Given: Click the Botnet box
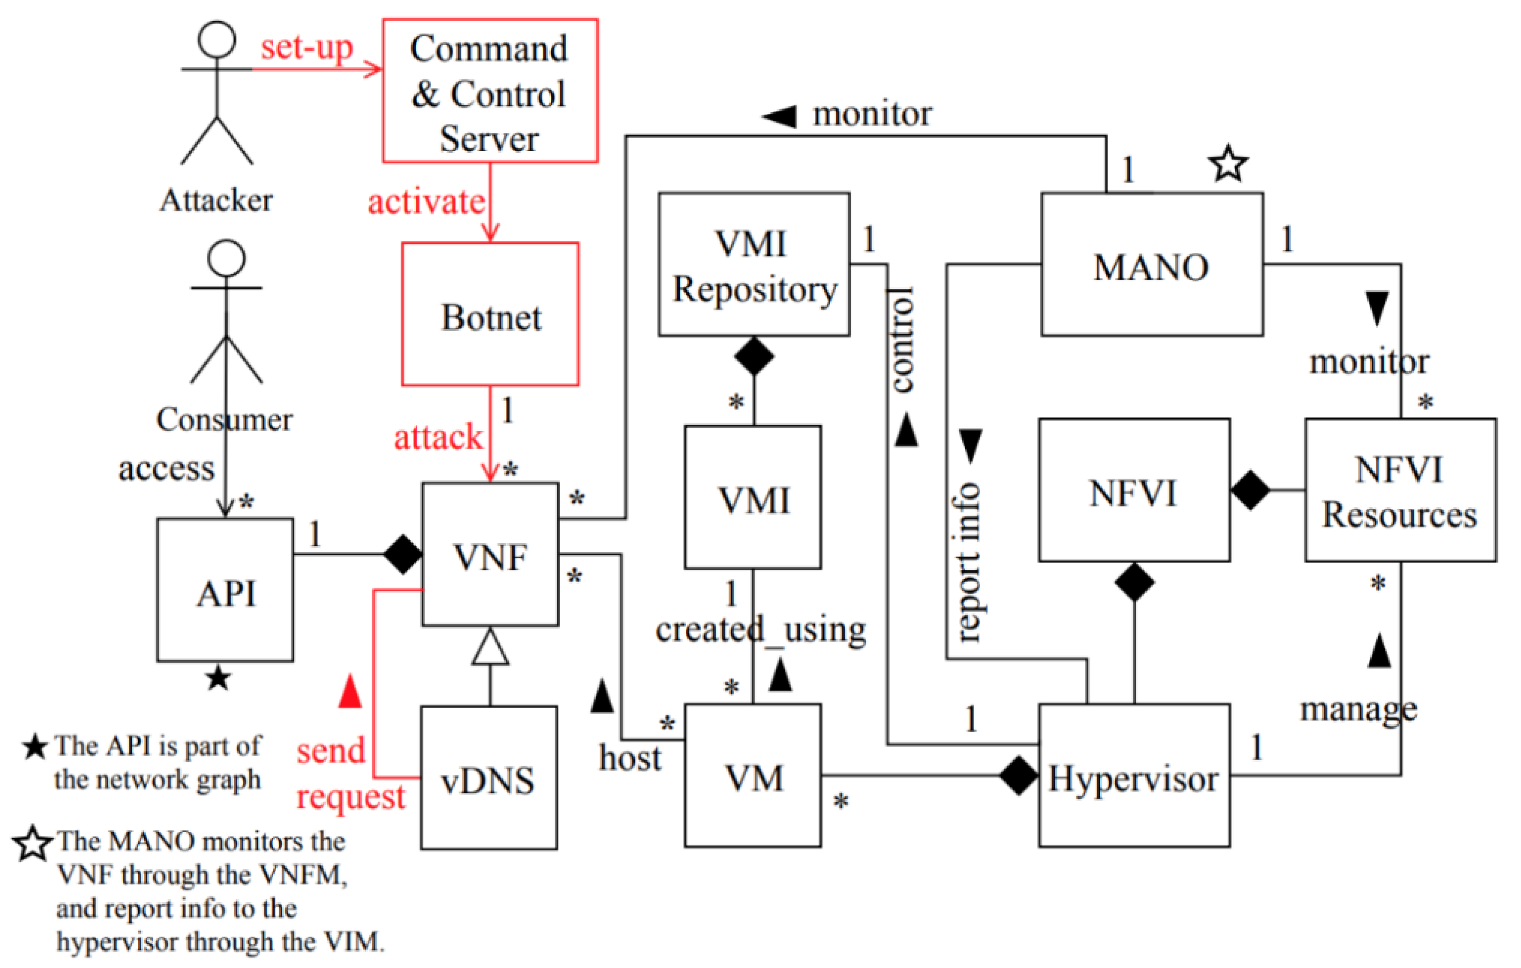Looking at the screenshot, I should click(490, 314).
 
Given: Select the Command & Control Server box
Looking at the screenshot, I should click(490, 91).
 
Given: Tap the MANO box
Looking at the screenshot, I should click(1151, 264).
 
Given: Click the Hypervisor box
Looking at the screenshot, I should click(1134, 775).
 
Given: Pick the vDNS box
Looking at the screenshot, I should click(489, 778).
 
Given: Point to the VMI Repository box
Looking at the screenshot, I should click(754, 264).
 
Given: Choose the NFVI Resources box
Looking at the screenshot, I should click(1400, 490).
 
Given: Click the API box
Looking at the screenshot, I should click(226, 590).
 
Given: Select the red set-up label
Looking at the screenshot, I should click(307, 48).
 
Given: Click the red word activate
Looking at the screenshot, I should click(426, 202).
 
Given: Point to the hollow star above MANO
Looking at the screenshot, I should click(1228, 164).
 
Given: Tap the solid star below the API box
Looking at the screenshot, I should click(218, 679).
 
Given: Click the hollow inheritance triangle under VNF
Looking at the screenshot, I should click(490, 648).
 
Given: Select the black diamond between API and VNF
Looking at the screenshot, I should click(403, 554).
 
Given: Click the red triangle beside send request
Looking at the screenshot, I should click(350, 691).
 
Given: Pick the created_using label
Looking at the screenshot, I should click(761, 629).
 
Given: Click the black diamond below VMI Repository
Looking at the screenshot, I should click(754, 356).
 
